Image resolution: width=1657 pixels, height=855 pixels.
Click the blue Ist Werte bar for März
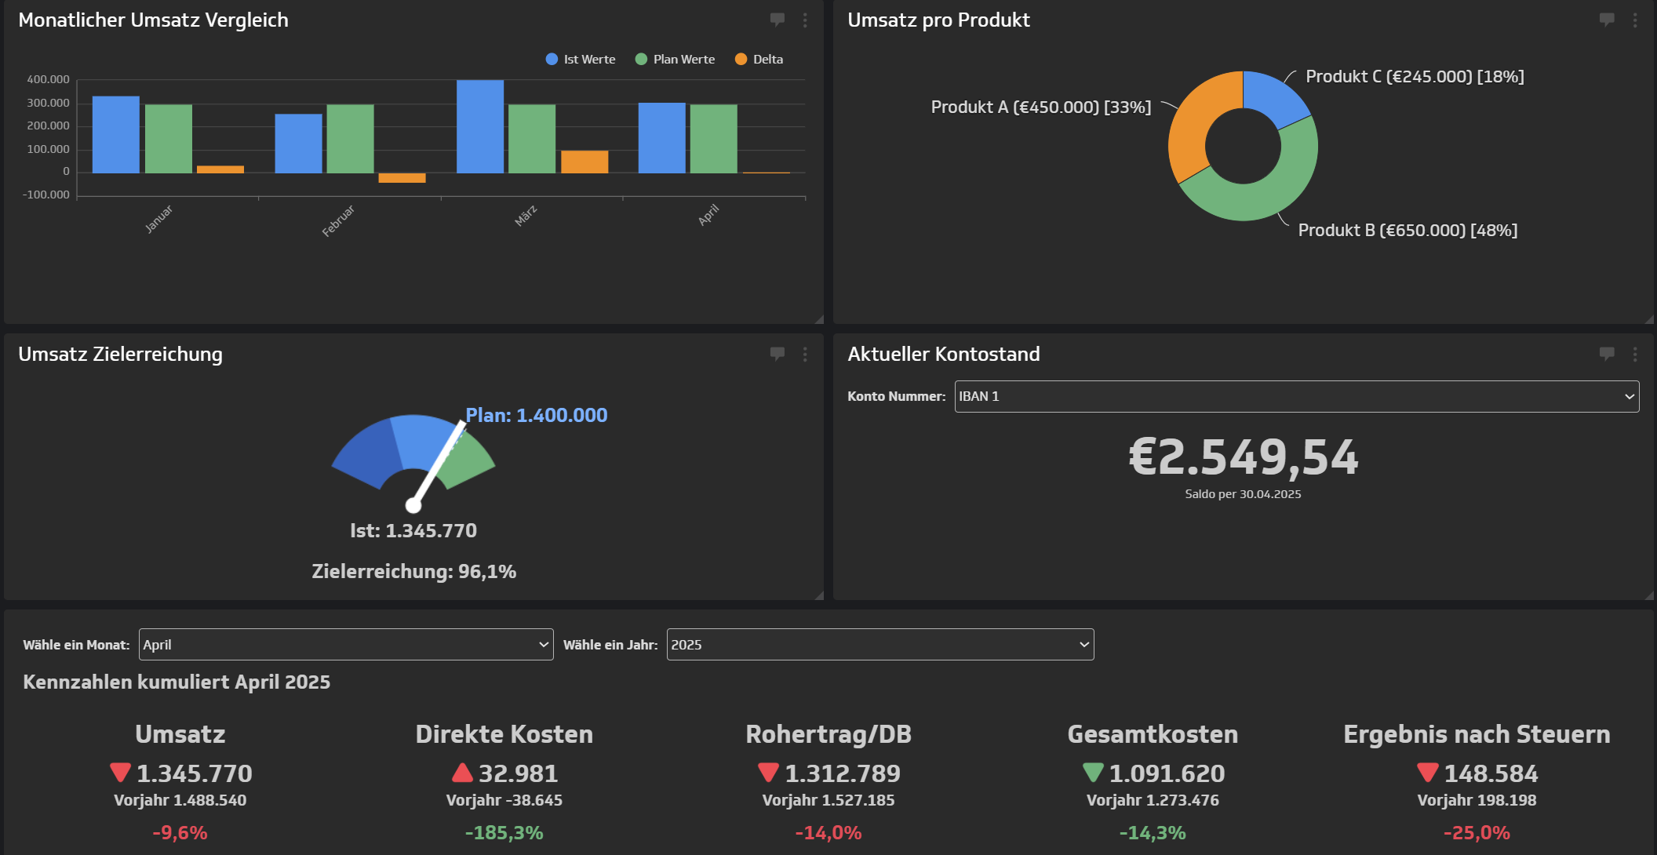click(x=479, y=126)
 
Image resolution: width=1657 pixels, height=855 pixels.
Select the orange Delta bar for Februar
click(x=402, y=178)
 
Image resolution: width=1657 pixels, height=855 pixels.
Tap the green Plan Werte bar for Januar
click(x=169, y=139)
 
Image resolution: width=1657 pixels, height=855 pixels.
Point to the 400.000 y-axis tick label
click(x=48, y=79)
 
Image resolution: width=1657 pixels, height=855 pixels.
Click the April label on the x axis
click(x=708, y=214)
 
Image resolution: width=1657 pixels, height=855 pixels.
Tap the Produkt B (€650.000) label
click(x=1408, y=231)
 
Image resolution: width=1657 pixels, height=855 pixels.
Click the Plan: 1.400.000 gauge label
click(x=536, y=415)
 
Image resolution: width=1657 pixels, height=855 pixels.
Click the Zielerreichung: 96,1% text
click(x=413, y=572)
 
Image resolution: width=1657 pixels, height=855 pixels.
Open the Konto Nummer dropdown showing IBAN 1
click(x=1296, y=397)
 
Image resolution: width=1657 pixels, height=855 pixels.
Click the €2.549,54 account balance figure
click(x=1243, y=458)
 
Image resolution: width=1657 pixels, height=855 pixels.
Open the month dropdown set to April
click(x=346, y=645)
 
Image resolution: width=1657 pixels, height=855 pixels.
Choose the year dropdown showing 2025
click(x=879, y=645)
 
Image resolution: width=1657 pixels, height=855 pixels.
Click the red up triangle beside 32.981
click(x=462, y=773)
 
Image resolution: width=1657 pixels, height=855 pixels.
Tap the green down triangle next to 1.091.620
click(x=1093, y=773)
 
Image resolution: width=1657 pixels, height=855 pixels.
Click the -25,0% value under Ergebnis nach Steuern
click(x=1477, y=833)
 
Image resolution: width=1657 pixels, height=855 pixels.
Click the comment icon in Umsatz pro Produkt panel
click(x=1606, y=20)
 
